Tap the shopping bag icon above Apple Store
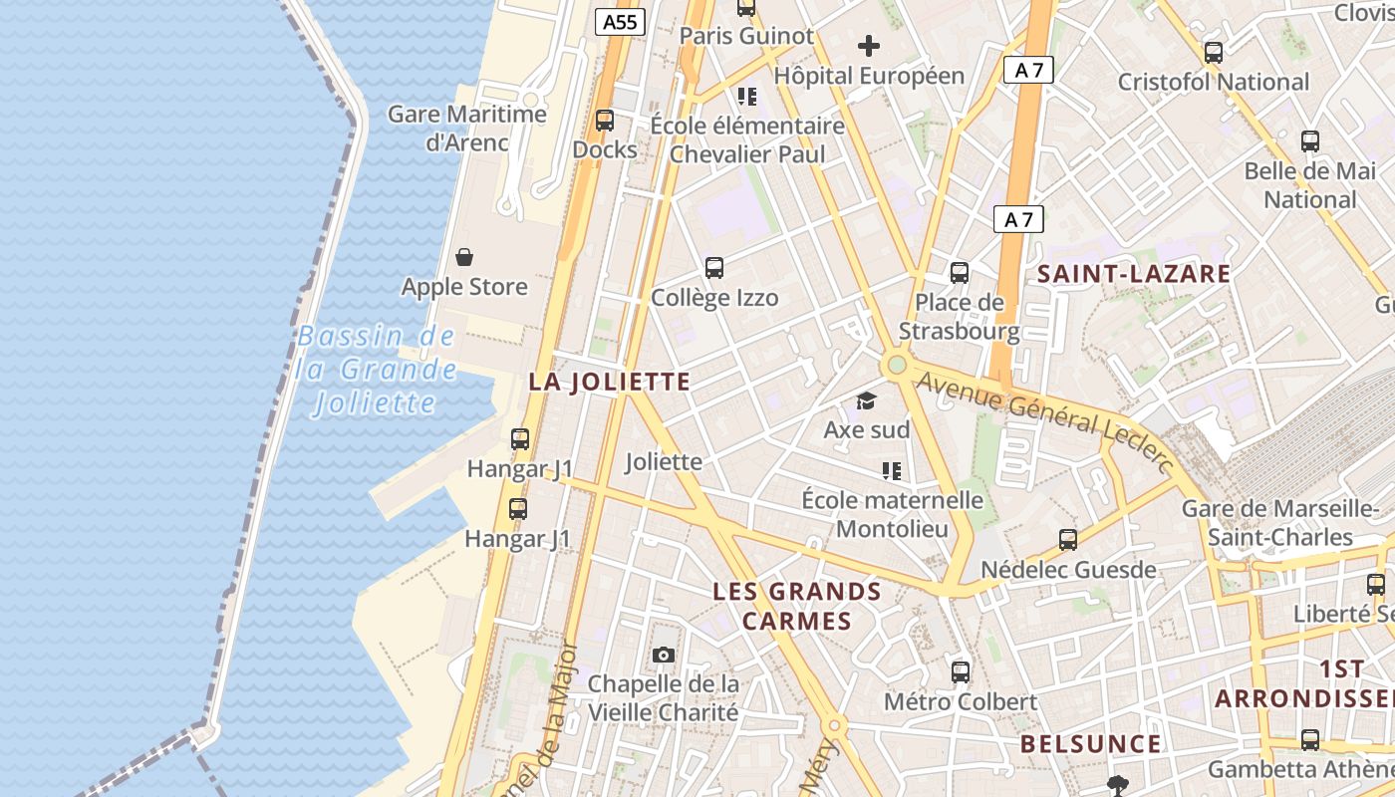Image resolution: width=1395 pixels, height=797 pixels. [464, 257]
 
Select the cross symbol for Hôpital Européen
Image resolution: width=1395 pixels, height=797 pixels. [869, 45]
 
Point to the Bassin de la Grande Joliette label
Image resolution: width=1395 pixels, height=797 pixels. [376, 370]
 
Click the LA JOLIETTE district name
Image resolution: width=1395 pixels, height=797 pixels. [609, 382]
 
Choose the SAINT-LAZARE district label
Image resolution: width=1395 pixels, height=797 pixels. [1134, 274]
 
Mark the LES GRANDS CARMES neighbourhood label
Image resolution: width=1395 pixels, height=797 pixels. [797, 607]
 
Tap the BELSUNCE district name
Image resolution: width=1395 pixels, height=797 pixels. [1090, 744]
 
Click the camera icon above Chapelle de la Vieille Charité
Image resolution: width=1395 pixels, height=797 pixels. [664, 655]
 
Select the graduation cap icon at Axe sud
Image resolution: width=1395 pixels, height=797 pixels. [866, 400]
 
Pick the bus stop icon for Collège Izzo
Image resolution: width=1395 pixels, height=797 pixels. [714, 267]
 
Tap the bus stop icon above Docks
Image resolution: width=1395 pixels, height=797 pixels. [604, 121]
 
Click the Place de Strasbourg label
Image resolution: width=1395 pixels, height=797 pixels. [960, 317]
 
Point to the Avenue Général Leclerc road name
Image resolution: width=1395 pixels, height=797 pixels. [1044, 417]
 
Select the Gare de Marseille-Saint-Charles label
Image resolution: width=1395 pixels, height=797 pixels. [1280, 523]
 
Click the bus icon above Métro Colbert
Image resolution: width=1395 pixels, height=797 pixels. [961, 671]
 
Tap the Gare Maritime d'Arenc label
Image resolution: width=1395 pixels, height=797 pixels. [467, 128]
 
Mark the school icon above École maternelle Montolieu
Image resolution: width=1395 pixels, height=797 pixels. [891, 470]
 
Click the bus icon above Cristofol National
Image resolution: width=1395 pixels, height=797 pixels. [1213, 53]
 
